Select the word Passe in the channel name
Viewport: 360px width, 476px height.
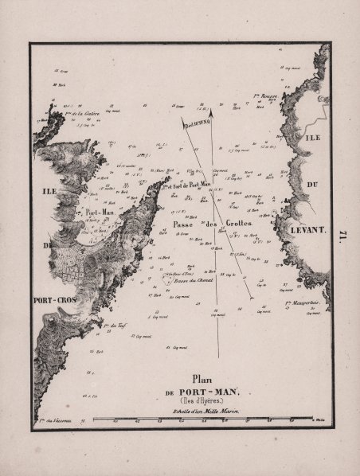[186, 225]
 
